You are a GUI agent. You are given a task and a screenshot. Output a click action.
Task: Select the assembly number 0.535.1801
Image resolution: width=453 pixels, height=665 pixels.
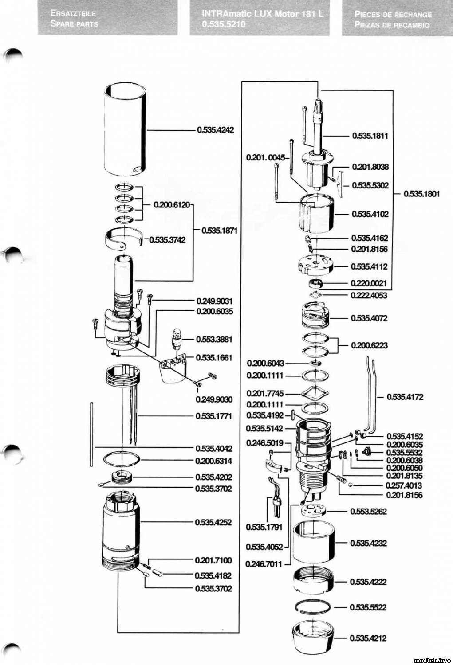[x=421, y=194]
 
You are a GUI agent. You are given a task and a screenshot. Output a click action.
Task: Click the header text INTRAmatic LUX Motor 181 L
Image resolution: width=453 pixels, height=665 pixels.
[x=263, y=14]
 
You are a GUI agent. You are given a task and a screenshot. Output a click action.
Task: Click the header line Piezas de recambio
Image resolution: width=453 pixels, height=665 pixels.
[x=392, y=25]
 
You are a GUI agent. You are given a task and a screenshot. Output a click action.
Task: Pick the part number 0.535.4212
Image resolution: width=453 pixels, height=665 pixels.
[x=368, y=638]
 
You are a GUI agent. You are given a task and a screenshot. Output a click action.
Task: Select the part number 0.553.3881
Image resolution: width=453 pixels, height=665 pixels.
[x=214, y=339]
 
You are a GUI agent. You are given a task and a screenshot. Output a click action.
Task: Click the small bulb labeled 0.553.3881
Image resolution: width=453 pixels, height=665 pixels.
[x=178, y=338]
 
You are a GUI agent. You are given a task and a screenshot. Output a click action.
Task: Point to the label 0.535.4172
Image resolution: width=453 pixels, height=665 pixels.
[x=405, y=397]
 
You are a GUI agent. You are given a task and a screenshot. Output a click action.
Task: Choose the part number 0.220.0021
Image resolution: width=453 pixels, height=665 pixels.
[x=368, y=283]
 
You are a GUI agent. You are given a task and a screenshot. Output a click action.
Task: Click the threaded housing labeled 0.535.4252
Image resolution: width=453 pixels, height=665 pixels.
[x=120, y=528]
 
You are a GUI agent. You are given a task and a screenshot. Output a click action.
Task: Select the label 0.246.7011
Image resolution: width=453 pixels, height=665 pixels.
[x=264, y=564]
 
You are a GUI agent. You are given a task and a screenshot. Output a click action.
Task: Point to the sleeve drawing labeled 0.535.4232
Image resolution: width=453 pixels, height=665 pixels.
[x=314, y=542]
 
